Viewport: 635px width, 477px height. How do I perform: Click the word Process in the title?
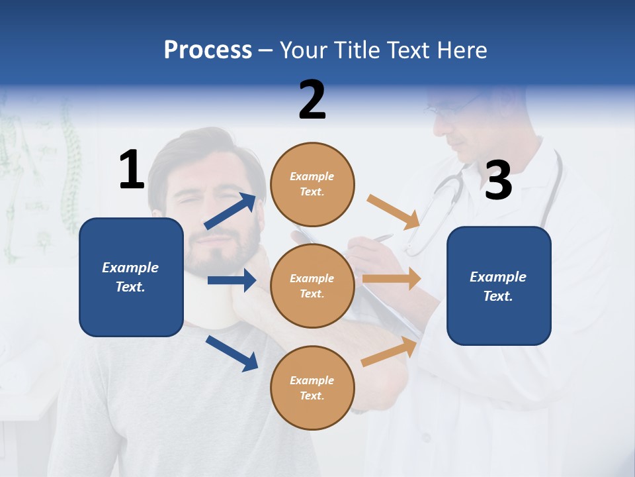[208, 50]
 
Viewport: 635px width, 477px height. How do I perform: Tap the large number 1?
[132, 170]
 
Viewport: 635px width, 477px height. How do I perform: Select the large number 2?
[312, 100]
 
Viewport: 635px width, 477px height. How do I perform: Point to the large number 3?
[498, 181]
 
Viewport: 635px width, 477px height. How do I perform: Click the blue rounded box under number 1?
[131, 277]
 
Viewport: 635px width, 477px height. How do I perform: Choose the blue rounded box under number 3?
[499, 286]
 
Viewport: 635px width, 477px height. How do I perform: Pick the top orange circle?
[312, 184]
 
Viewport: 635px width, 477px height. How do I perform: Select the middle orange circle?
[312, 286]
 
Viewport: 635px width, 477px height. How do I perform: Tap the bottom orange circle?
[312, 388]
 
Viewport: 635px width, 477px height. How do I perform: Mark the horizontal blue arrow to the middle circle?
[232, 280]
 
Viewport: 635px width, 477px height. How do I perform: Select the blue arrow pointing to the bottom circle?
[232, 353]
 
